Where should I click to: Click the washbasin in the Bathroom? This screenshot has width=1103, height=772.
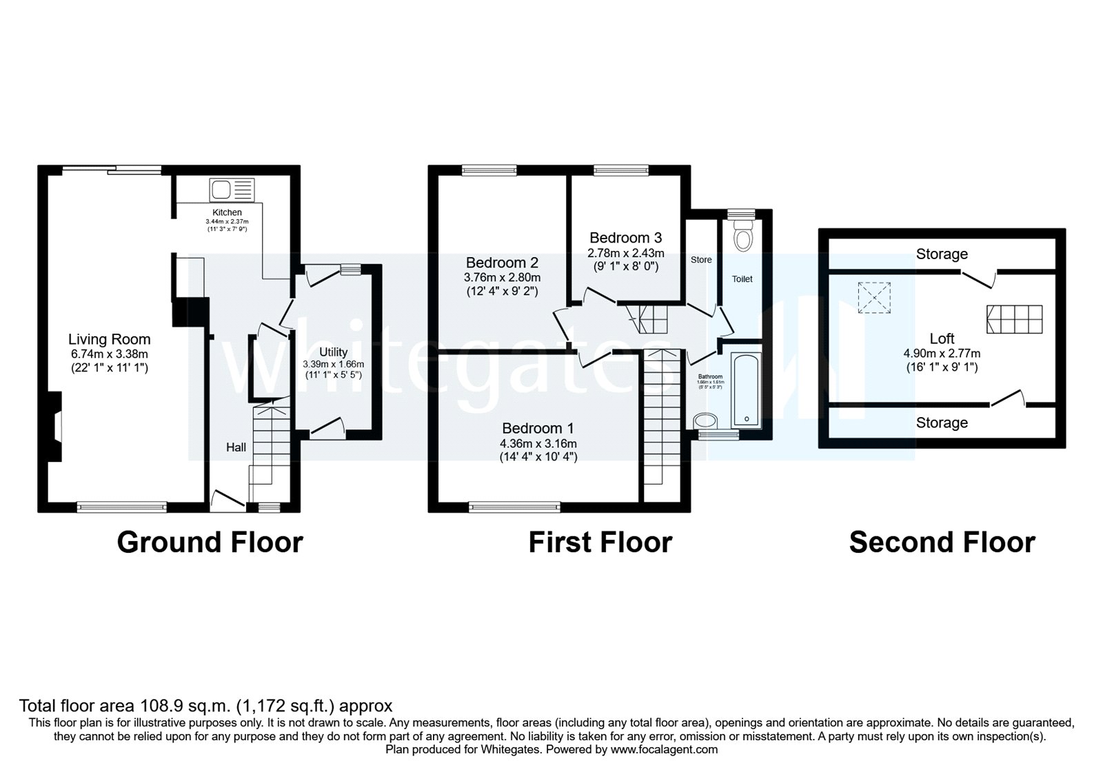click(705, 420)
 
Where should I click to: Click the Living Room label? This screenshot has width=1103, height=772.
click(109, 339)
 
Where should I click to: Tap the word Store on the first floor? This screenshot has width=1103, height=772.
click(701, 260)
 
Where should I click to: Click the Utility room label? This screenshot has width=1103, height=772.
click(333, 352)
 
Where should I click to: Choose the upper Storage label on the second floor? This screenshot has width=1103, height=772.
click(942, 254)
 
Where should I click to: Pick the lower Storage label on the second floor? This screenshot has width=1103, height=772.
click(942, 423)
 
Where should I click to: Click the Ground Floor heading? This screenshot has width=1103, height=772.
click(210, 542)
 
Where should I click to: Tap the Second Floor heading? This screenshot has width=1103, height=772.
click(942, 542)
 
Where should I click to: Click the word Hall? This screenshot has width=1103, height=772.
click(236, 447)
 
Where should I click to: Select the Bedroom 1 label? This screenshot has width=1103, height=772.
click(538, 428)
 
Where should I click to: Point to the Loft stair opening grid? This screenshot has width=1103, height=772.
click(1015, 319)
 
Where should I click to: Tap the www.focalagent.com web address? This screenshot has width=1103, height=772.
click(664, 749)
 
